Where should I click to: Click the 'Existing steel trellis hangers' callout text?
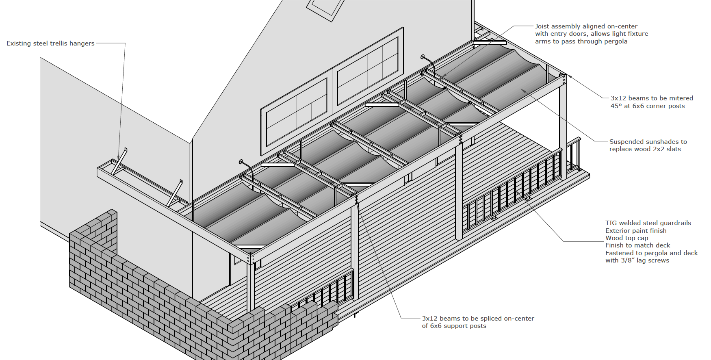[50, 43]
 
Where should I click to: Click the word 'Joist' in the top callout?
[542, 26]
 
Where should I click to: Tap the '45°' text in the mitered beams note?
[616, 106]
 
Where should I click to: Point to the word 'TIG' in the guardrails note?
[611, 223]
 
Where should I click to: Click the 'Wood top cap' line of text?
[626, 238]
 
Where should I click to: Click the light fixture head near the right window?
[423, 57]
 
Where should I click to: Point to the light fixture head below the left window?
[241, 162]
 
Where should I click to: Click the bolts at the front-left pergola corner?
[251, 258]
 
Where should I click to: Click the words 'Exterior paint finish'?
[636, 231]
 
